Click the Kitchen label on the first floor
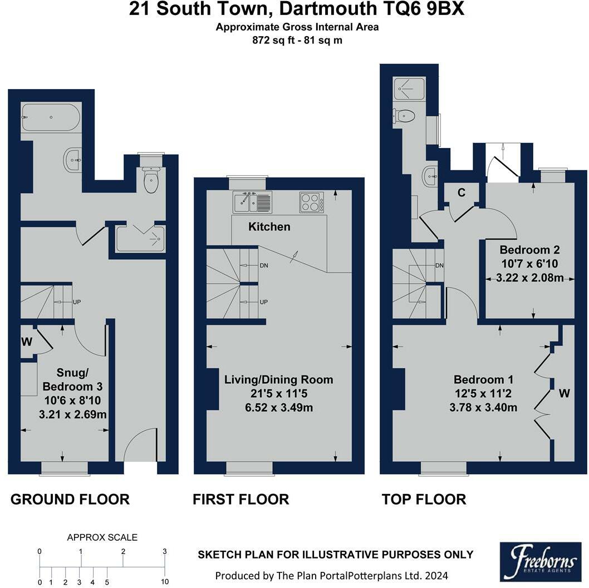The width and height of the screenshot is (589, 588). click(269, 227)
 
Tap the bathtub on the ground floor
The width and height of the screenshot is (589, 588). click(51, 117)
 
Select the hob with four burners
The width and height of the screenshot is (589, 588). click(312, 202)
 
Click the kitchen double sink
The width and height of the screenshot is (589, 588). click(252, 202)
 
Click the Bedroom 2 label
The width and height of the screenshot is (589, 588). click(529, 250)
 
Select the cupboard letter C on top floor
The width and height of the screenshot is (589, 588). click(462, 193)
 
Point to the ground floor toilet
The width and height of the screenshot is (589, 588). click(151, 180)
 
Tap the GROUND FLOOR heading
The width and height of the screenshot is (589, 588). click(70, 499)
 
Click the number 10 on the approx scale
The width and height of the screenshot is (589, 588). click(165, 582)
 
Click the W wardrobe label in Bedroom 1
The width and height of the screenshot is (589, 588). click(564, 394)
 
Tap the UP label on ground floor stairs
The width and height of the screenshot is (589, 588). click(77, 302)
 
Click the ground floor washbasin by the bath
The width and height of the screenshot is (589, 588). click(73, 160)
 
